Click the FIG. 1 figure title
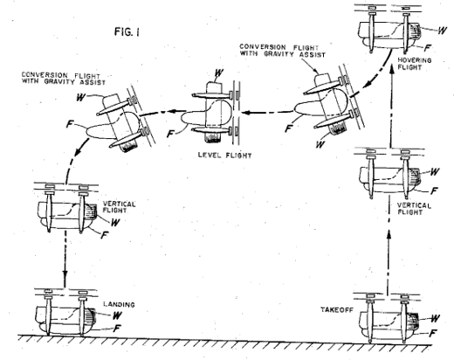point(127,31)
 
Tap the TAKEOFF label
point(337,309)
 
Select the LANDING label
point(120,305)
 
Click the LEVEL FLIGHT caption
point(224,156)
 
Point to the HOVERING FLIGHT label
point(415,64)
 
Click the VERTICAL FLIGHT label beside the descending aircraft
point(119,207)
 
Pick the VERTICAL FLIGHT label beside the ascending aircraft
point(414,209)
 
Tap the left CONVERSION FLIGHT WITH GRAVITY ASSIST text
point(64,79)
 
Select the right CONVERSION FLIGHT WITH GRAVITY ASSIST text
point(282,51)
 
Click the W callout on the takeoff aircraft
point(435,318)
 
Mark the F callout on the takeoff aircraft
point(433,333)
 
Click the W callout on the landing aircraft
point(117,315)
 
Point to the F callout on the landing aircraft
point(117,329)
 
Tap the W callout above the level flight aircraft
point(219,73)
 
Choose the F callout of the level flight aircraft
point(170,134)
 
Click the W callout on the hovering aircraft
point(442,30)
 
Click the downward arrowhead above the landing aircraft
point(65,275)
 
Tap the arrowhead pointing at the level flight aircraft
point(247,113)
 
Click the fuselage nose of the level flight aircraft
point(183,118)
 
